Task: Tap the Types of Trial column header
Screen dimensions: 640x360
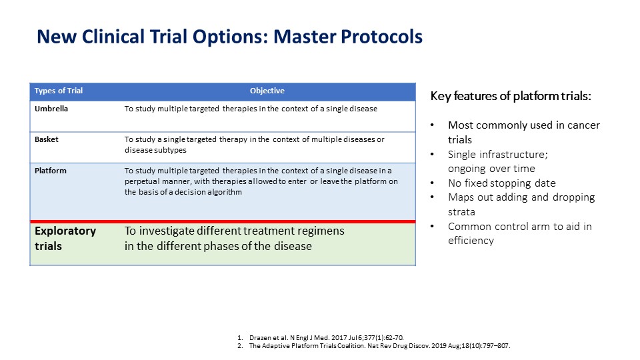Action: [59, 91]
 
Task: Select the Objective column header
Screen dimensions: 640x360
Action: [267, 91]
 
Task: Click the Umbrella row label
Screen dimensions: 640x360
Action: [51, 109]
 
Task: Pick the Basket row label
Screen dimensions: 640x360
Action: [47, 139]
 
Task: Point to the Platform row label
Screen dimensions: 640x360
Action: [50, 171]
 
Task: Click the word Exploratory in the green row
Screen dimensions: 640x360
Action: [65, 231]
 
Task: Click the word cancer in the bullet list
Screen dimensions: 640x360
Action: [581, 125]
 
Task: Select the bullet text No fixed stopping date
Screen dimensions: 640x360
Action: [501, 183]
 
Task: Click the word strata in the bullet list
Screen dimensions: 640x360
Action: [461, 212]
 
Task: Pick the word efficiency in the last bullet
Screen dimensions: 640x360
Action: [471, 241]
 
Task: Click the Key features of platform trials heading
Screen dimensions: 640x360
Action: [511, 96]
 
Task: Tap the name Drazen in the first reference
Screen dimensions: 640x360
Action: [259, 338]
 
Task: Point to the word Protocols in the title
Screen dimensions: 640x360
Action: [381, 37]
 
